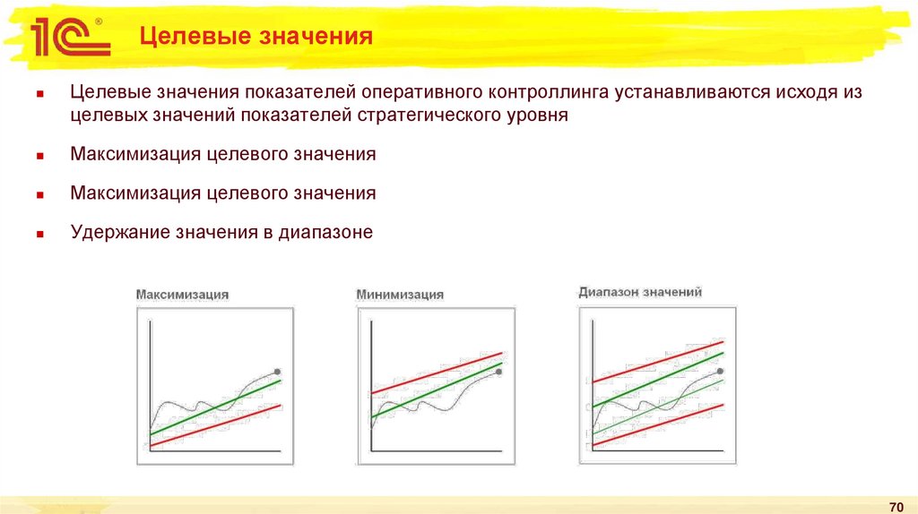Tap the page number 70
pos(894,504)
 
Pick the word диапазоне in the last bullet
pos(325,233)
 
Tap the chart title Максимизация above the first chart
pos(182,295)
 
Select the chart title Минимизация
pos(400,295)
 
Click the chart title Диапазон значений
pos(640,292)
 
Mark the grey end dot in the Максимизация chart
pos(277,371)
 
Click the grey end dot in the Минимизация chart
pos(499,372)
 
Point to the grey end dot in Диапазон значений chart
pos(721,371)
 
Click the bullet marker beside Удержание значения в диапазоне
pos(40,233)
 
